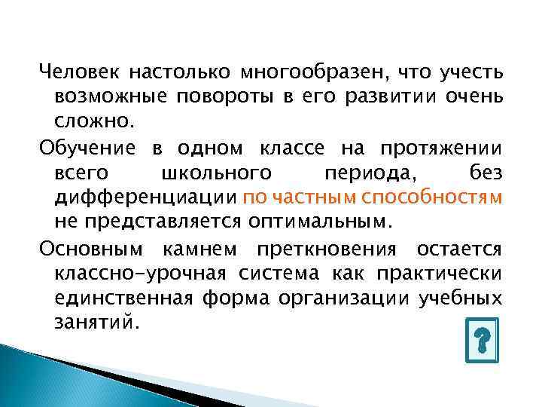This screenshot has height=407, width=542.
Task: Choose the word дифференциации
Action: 146,198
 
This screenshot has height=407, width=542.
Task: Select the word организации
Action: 356,298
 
